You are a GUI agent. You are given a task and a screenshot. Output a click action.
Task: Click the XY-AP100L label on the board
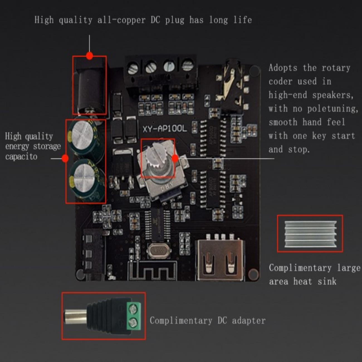click(164, 129)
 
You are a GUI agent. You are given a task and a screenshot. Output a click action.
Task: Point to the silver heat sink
click(310, 234)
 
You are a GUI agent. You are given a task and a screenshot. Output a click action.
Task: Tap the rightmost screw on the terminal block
click(187, 66)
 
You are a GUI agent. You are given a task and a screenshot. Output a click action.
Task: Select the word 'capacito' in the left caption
click(21, 156)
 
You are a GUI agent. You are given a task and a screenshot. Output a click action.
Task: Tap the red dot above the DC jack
click(89, 56)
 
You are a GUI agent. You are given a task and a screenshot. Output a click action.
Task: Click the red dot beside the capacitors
click(65, 158)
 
